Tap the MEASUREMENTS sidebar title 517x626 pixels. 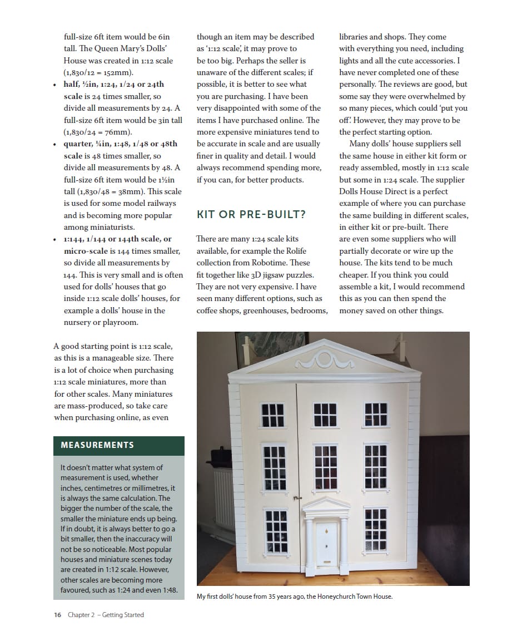(x=97, y=445)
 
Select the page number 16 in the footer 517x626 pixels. (x=58, y=615)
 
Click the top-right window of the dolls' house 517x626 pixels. (x=376, y=415)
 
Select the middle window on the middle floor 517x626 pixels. (x=325, y=466)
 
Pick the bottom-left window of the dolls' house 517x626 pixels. (x=276, y=531)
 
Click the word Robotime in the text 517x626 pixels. (x=261, y=263)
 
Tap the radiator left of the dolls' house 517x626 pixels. (x=223, y=499)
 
